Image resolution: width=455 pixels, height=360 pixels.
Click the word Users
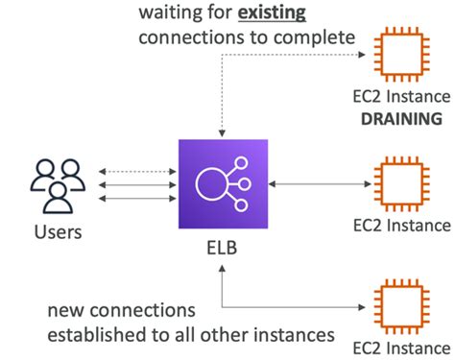point(57,232)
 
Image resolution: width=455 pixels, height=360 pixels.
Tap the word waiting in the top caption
point(170,13)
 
